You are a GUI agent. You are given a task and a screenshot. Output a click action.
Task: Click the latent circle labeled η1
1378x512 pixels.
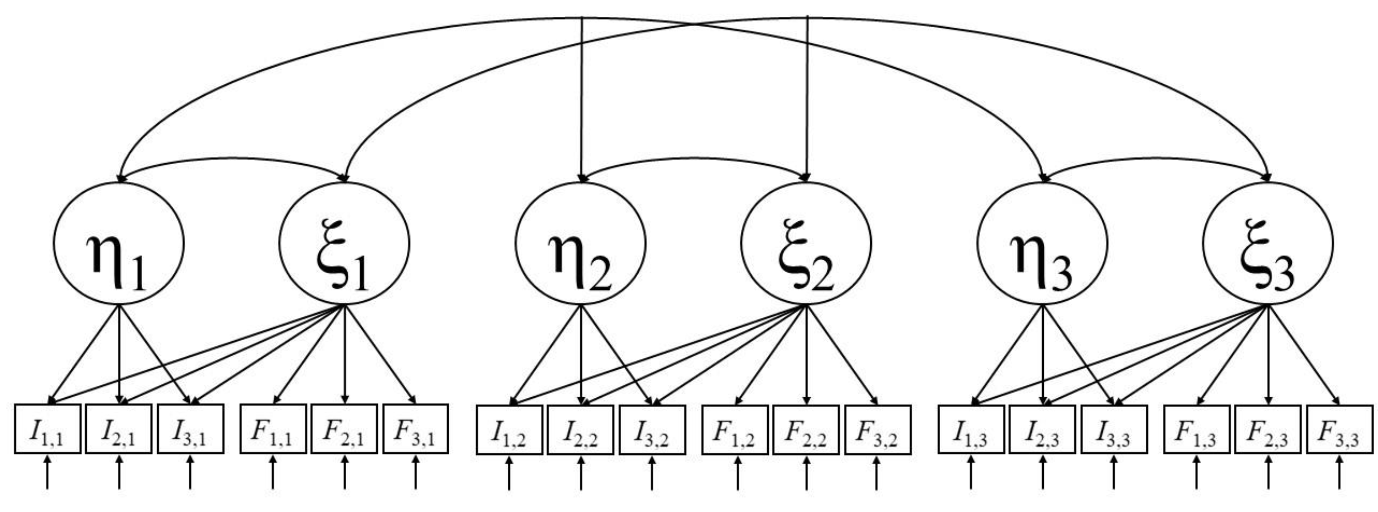point(119,244)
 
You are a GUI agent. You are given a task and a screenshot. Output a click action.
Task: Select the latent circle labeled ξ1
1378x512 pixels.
point(344,244)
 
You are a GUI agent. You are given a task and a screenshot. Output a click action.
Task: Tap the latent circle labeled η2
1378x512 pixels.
point(580,244)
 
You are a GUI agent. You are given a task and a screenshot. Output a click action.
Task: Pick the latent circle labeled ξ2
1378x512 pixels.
point(806,244)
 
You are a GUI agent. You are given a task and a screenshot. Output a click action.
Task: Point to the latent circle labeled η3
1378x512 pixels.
point(1043,244)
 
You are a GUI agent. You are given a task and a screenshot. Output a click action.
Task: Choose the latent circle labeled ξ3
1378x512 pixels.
point(1268,244)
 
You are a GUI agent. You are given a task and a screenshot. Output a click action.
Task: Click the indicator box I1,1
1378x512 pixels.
point(47,429)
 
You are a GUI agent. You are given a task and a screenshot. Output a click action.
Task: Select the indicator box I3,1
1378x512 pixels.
point(191,429)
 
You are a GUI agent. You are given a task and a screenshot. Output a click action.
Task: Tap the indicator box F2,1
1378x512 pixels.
point(344,429)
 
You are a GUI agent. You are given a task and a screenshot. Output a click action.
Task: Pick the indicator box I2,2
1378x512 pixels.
point(580,429)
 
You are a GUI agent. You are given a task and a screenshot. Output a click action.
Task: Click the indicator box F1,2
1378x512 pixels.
point(735,429)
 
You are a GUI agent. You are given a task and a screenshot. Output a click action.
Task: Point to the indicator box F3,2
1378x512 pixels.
point(878,429)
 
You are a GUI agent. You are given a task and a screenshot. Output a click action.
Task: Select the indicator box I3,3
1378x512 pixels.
point(1114,429)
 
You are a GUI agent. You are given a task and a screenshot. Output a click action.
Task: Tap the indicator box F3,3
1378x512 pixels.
point(1340,429)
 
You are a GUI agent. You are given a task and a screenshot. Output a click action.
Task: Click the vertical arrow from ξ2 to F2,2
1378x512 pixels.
point(806,356)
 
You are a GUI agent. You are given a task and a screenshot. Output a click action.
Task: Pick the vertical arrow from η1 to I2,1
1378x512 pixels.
point(119,356)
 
